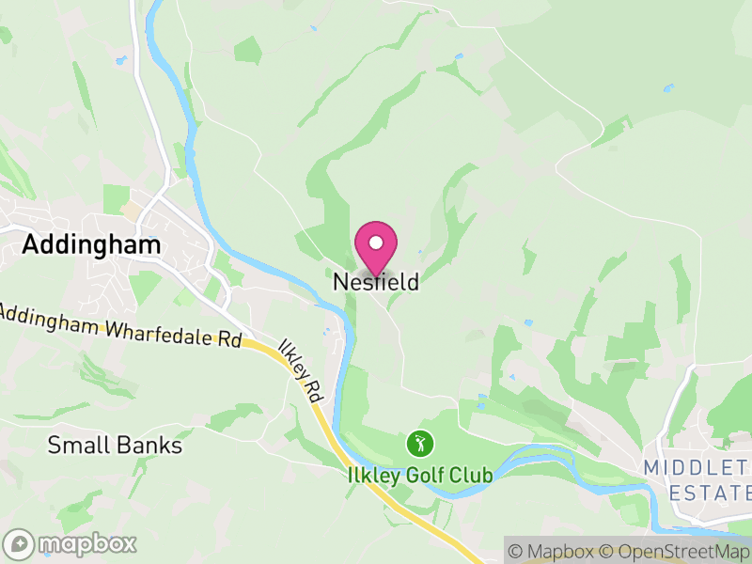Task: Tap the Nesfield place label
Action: pos(376,282)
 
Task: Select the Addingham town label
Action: pos(91,244)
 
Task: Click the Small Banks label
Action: pos(115,445)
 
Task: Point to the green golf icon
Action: pos(419,442)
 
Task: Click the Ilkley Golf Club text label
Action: pos(419,476)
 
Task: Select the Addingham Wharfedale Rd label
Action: pos(120,325)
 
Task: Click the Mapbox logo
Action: pos(70,543)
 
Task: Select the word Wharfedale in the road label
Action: pos(150,330)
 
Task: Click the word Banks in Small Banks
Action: pos(149,445)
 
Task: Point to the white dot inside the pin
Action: pos(376,243)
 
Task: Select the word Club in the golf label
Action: pos(472,476)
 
